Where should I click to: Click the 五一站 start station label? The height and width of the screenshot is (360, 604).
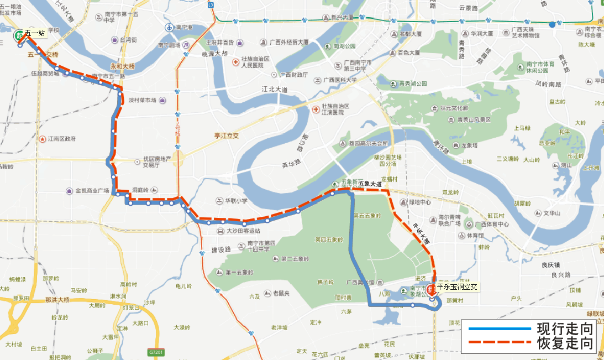point(34,33)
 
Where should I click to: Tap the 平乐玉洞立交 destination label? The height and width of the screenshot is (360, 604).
point(457,286)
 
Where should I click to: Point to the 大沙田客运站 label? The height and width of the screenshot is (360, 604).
point(243,231)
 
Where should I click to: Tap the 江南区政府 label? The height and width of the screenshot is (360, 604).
point(61,138)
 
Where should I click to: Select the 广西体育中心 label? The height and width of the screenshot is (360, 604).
point(491,225)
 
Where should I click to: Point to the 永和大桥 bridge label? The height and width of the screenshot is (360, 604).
point(122,65)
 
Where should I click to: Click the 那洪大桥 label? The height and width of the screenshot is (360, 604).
point(57,299)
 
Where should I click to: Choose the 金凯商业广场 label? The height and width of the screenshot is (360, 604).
point(92,191)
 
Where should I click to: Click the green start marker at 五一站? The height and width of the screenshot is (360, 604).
point(19,36)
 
